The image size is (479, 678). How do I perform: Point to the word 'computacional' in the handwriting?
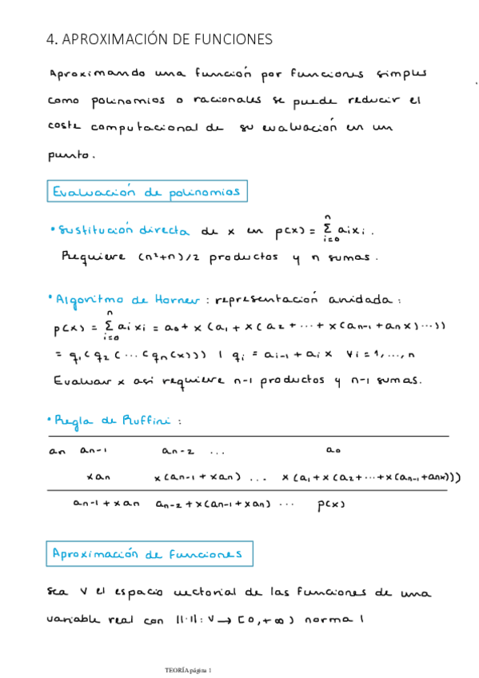click(x=147, y=127)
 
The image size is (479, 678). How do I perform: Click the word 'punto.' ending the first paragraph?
click(x=73, y=155)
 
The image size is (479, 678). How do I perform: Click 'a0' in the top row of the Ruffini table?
click(x=336, y=451)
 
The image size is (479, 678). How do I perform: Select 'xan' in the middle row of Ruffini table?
click(x=98, y=477)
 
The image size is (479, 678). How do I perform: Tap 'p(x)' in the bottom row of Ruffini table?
click(x=329, y=504)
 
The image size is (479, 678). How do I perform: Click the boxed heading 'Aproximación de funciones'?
click(x=148, y=554)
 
